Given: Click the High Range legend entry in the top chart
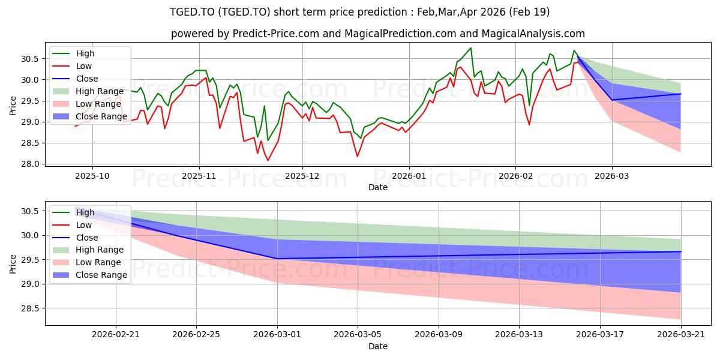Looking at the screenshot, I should tap(87, 91).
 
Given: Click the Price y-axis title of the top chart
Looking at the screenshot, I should tap(14, 105).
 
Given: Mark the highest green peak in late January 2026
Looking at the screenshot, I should tap(470, 48).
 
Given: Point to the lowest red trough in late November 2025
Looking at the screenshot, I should tap(268, 160).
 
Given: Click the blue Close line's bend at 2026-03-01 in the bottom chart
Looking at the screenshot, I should tap(278, 259).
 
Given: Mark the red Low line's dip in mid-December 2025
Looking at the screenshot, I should tap(358, 157).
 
